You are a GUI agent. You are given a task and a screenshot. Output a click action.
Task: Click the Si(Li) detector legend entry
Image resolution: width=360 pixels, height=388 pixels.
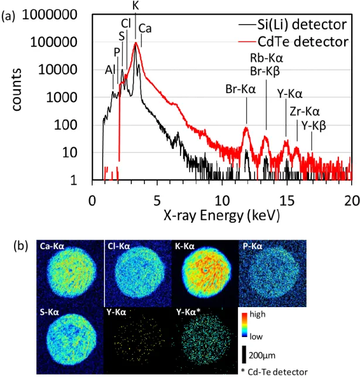coord(293,25)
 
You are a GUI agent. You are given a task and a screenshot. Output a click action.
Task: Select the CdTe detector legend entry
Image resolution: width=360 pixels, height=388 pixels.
coord(293,42)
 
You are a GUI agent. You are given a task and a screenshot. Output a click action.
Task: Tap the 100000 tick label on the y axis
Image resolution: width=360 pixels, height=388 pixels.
coord(54,42)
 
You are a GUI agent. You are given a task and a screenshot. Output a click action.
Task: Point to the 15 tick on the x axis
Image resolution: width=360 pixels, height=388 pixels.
coord(287,200)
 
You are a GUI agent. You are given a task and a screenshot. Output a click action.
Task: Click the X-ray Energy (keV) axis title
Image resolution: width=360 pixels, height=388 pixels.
coord(222,215)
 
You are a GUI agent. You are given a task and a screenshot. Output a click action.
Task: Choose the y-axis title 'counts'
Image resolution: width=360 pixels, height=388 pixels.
coord(17,90)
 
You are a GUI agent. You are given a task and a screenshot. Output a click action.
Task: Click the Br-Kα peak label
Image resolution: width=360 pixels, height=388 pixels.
coord(240,89)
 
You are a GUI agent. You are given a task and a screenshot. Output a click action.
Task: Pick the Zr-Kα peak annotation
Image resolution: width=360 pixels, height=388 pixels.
coord(304,111)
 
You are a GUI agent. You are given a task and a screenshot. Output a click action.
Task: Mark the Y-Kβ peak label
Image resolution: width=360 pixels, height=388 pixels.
coord(314,126)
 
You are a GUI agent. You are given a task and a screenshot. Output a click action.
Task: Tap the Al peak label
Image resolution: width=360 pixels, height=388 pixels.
coord(110,70)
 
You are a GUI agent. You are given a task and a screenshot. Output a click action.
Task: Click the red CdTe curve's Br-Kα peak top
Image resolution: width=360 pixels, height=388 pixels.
coord(246,127)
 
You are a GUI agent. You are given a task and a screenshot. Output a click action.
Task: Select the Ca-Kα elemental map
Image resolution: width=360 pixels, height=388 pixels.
coord(70,273)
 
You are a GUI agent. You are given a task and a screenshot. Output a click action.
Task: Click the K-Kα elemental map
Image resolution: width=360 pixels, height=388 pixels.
coord(205,273)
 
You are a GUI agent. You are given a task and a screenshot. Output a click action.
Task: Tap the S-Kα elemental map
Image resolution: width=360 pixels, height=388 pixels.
coord(70,341)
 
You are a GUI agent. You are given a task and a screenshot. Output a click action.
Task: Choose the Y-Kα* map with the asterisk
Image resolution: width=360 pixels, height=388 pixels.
coord(205,341)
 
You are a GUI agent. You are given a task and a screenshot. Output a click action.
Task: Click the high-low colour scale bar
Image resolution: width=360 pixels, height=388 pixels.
coord(244,325)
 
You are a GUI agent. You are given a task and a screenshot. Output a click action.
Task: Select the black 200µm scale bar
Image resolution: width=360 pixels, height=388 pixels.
coord(244,355)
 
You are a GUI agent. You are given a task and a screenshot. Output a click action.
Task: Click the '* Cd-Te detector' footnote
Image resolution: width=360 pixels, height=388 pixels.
coord(274,372)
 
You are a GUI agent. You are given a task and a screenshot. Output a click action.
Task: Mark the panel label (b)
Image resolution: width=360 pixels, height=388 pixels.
coord(21,246)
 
